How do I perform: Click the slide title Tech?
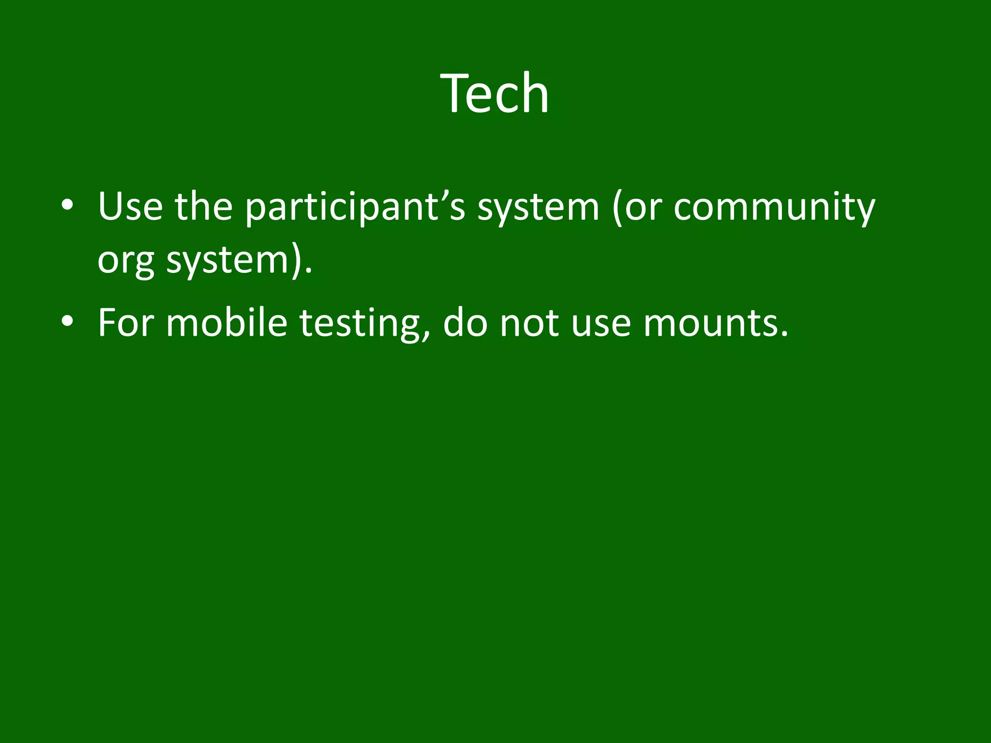pyautogui.click(x=495, y=93)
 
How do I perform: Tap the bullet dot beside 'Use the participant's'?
pyautogui.click(x=67, y=205)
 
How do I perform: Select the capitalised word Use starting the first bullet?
pyautogui.click(x=130, y=207)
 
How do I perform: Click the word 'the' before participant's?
pyautogui.click(x=204, y=207)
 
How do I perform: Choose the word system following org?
pyautogui.click(x=227, y=261)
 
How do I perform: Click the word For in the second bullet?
pyautogui.click(x=125, y=323)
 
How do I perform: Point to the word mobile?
pyautogui.click(x=227, y=323)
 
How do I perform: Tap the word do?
pyautogui.click(x=465, y=323)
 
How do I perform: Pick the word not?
pyautogui.click(x=528, y=323)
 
